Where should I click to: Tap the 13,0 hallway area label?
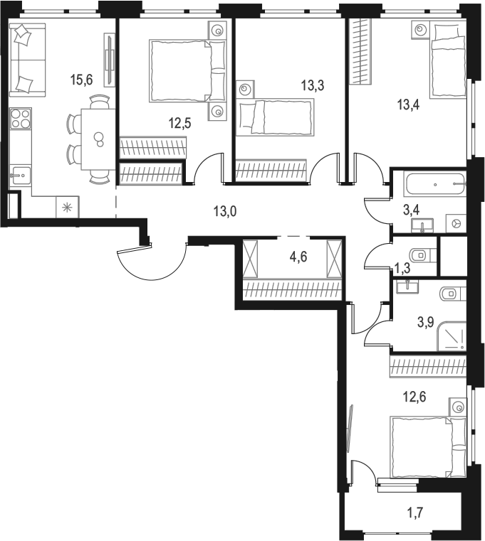(x=224, y=210)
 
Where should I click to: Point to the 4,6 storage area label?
(x=299, y=255)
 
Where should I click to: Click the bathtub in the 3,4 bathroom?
(x=432, y=185)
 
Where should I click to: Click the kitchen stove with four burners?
(x=21, y=118)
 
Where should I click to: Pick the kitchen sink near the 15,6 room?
(x=20, y=173)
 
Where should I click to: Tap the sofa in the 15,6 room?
(x=27, y=59)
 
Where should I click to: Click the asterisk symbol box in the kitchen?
(x=68, y=208)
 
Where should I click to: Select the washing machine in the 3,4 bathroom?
(x=456, y=223)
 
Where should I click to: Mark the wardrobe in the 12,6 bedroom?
(x=427, y=368)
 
